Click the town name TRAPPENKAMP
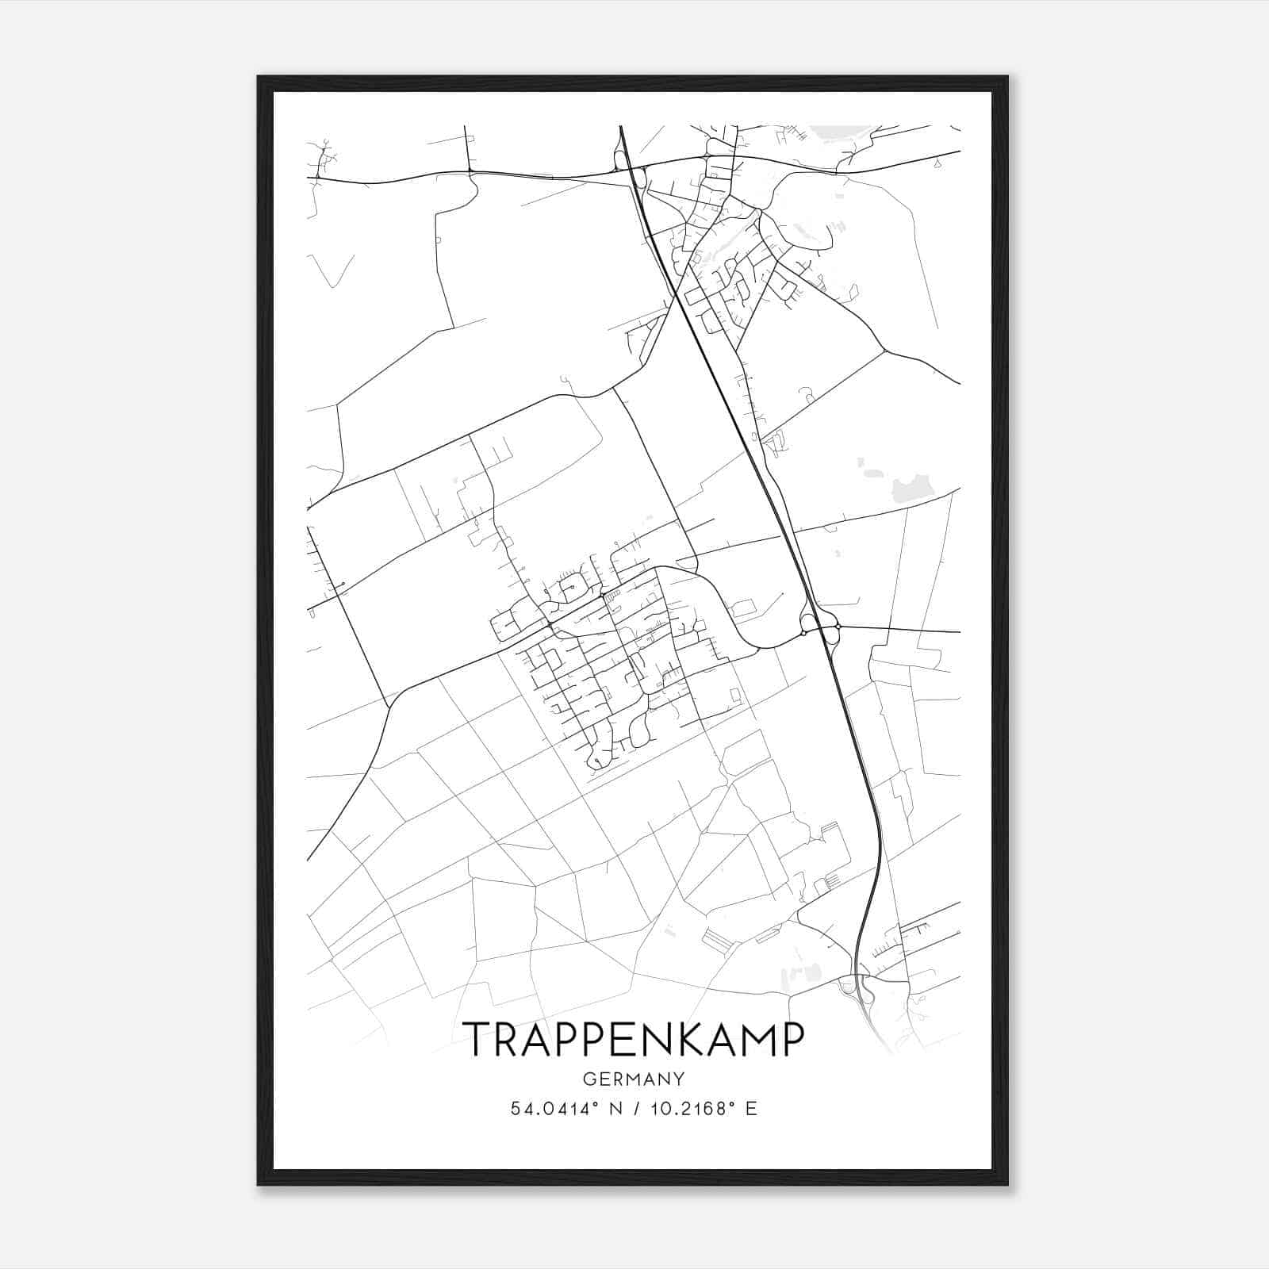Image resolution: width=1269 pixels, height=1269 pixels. point(633,1039)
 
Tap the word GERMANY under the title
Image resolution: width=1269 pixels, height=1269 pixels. point(633,1079)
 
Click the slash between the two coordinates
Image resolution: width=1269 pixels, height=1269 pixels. point(634,1109)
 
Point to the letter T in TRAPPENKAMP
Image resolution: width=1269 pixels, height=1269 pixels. point(477,1039)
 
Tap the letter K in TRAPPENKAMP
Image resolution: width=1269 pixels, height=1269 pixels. point(688,1039)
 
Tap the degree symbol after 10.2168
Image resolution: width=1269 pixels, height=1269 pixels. point(731,1104)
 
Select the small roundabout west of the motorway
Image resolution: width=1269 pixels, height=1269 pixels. point(803,632)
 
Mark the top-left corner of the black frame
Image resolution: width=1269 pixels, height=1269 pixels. point(259,77)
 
